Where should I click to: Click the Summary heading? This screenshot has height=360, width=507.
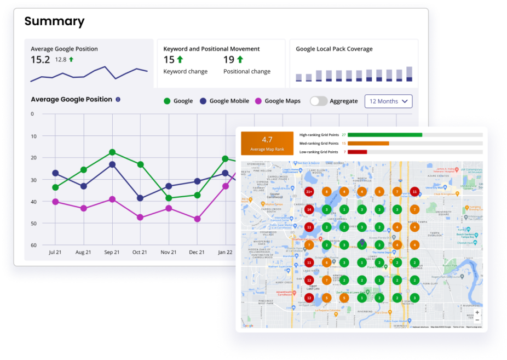(54, 21)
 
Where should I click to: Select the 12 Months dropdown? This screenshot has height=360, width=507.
(388, 101)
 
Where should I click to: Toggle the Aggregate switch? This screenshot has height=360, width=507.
(319, 101)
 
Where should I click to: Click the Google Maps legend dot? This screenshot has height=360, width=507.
(258, 101)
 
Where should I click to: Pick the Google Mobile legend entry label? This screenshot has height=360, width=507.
(229, 101)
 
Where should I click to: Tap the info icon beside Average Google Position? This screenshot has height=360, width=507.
(118, 100)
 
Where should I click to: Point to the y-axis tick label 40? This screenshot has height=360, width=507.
(33, 202)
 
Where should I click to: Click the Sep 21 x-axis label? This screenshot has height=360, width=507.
(112, 252)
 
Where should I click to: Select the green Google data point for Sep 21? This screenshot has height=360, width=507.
(112, 152)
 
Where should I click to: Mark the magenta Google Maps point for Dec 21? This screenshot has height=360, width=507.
(197, 219)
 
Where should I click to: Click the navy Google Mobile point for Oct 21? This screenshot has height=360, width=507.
(140, 198)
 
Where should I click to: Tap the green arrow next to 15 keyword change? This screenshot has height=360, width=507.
(181, 60)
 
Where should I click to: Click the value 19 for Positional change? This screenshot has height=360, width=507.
(229, 60)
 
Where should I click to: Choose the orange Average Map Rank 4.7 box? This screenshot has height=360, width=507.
(267, 143)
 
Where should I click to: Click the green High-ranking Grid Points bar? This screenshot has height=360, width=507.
(384, 134)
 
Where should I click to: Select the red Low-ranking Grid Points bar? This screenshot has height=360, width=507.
(357, 152)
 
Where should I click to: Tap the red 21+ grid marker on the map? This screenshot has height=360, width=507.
(309, 192)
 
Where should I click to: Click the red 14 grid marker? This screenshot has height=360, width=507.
(309, 209)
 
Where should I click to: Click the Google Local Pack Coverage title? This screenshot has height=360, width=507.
(334, 49)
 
